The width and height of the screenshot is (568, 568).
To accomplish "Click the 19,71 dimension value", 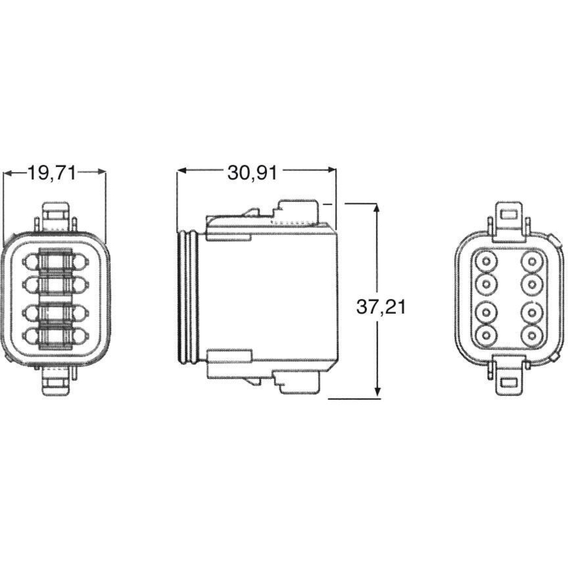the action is [52, 173].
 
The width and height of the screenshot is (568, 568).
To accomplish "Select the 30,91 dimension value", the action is [253, 173].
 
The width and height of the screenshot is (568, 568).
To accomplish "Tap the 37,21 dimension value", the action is [381, 307].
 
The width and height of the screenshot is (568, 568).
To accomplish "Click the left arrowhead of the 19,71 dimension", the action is [8, 173].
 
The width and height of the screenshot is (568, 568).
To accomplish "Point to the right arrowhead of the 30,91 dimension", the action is [332, 170].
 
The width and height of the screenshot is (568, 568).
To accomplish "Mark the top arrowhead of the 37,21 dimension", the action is [378, 208].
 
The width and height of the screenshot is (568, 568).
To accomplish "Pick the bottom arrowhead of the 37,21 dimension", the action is [378, 391].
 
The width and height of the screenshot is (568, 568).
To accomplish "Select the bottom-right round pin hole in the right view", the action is [532, 335].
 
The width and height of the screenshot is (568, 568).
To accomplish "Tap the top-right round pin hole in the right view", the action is [532, 261].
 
